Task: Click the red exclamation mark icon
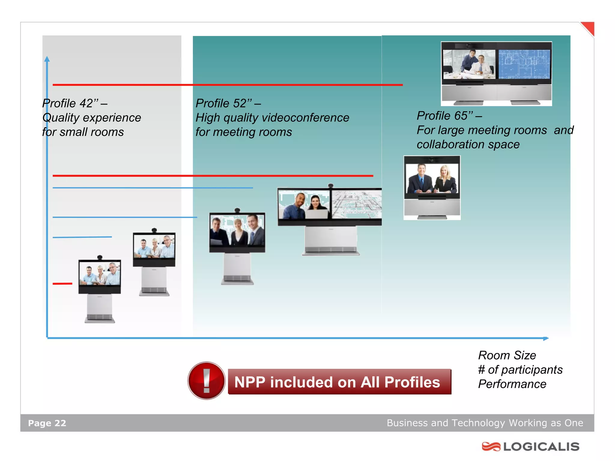tap(206, 380)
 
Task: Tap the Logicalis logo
tap(530, 446)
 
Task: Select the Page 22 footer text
tap(47, 423)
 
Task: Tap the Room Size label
tap(507, 355)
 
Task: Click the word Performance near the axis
tap(512, 384)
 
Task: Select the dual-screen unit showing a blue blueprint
tap(496, 74)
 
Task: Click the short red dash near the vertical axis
tap(62, 283)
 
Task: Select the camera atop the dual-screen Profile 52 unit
tap(331, 185)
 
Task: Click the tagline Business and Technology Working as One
tap(485, 423)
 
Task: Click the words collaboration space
tap(468, 144)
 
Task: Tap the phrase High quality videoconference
tap(272, 118)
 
